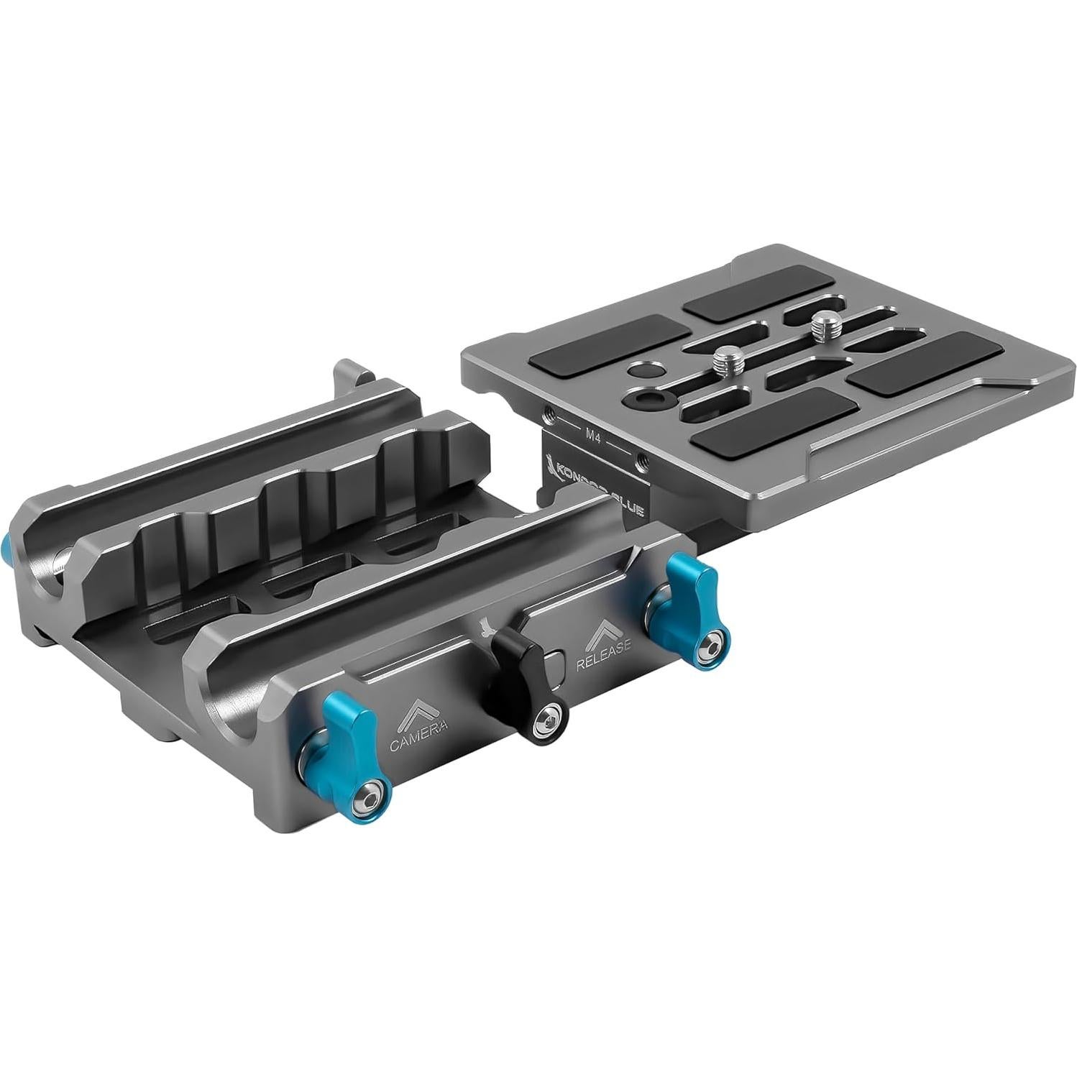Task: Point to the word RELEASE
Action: click(x=604, y=644)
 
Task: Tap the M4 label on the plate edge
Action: click(x=593, y=434)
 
